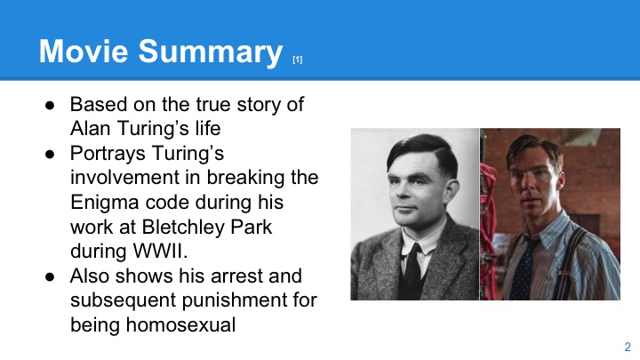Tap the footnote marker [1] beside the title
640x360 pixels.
pyautogui.click(x=298, y=60)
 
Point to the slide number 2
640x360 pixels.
pyautogui.click(x=627, y=346)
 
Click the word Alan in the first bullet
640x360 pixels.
pyautogui.click(x=91, y=127)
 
